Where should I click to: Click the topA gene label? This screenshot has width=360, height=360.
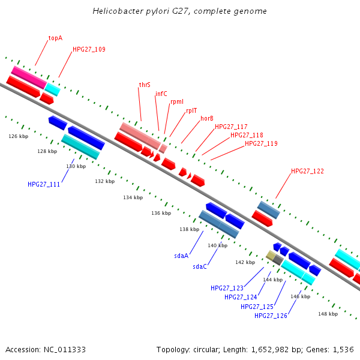[x=55, y=38]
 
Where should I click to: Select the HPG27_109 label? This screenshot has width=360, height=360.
[x=89, y=49]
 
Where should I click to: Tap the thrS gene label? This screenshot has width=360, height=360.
[x=145, y=85]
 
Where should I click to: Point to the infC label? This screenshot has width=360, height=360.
[x=161, y=94]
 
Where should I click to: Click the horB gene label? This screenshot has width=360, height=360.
[x=207, y=118]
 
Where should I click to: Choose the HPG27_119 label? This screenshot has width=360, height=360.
[x=261, y=143]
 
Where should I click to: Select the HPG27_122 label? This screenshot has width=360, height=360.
[x=307, y=171]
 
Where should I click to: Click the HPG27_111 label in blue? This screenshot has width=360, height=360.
[x=44, y=184]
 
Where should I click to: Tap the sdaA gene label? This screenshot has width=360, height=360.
[x=182, y=256]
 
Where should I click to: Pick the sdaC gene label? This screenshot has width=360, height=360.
[x=200, y=266]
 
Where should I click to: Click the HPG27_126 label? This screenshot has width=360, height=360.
[x=271, y=316]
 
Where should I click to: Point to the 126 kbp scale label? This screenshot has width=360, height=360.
[x=18, y=136]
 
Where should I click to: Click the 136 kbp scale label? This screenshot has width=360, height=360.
[x=161, y=213]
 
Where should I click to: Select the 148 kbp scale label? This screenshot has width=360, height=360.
[x=328, y=314]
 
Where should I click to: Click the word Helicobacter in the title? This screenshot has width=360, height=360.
[x=115, y=11]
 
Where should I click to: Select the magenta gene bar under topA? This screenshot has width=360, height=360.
[x=28, y=76]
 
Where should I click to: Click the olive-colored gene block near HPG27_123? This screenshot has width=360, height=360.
[x=271, y=256]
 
